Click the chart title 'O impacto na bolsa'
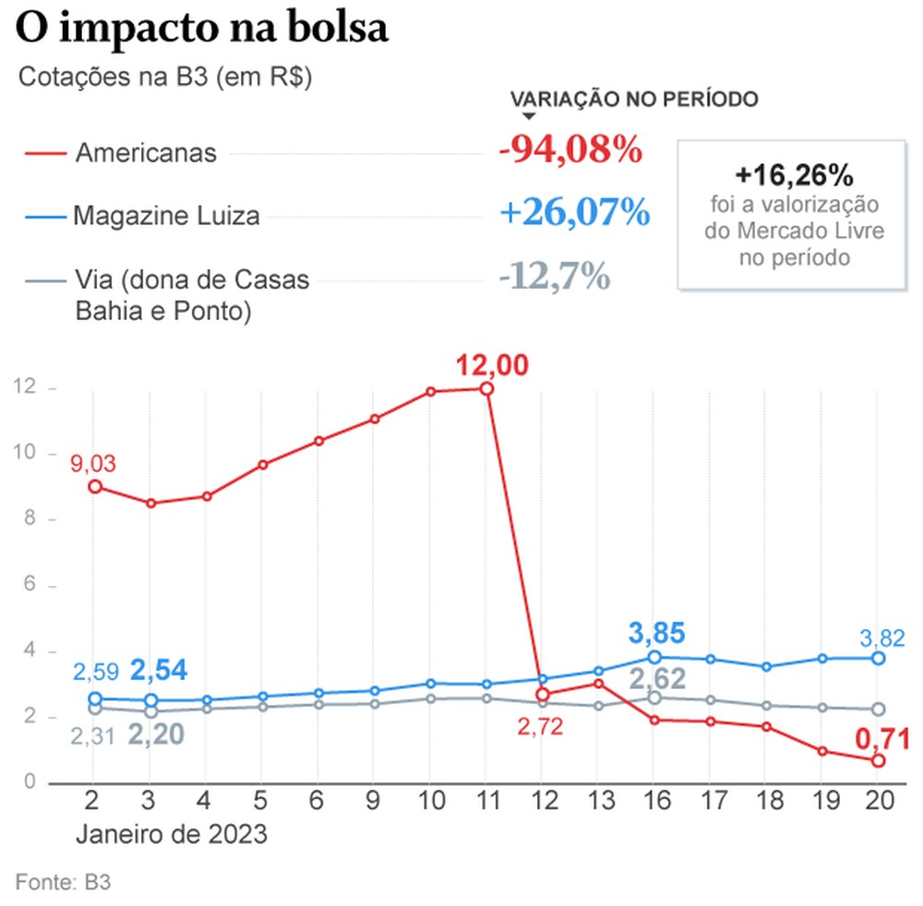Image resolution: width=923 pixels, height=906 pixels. click(202, 28)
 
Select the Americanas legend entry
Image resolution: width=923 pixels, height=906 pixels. click(145, 152)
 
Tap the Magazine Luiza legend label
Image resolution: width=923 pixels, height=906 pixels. click(166, 217)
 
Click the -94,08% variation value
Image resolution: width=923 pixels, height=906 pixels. click(569, 149)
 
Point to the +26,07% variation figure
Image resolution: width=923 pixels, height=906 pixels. click(574, 213)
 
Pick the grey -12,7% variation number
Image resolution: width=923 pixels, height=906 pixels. click(553, 275)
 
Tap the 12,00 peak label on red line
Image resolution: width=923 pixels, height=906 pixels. click(493, 365)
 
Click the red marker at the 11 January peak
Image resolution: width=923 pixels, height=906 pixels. click(486, 388)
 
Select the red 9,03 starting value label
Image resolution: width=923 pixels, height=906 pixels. click(93, 463)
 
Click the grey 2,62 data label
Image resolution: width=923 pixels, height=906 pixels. click(658, 680)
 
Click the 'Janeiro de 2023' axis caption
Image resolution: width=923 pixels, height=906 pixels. click(172, 835)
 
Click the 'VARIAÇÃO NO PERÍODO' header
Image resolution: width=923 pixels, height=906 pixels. click(634, 100)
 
